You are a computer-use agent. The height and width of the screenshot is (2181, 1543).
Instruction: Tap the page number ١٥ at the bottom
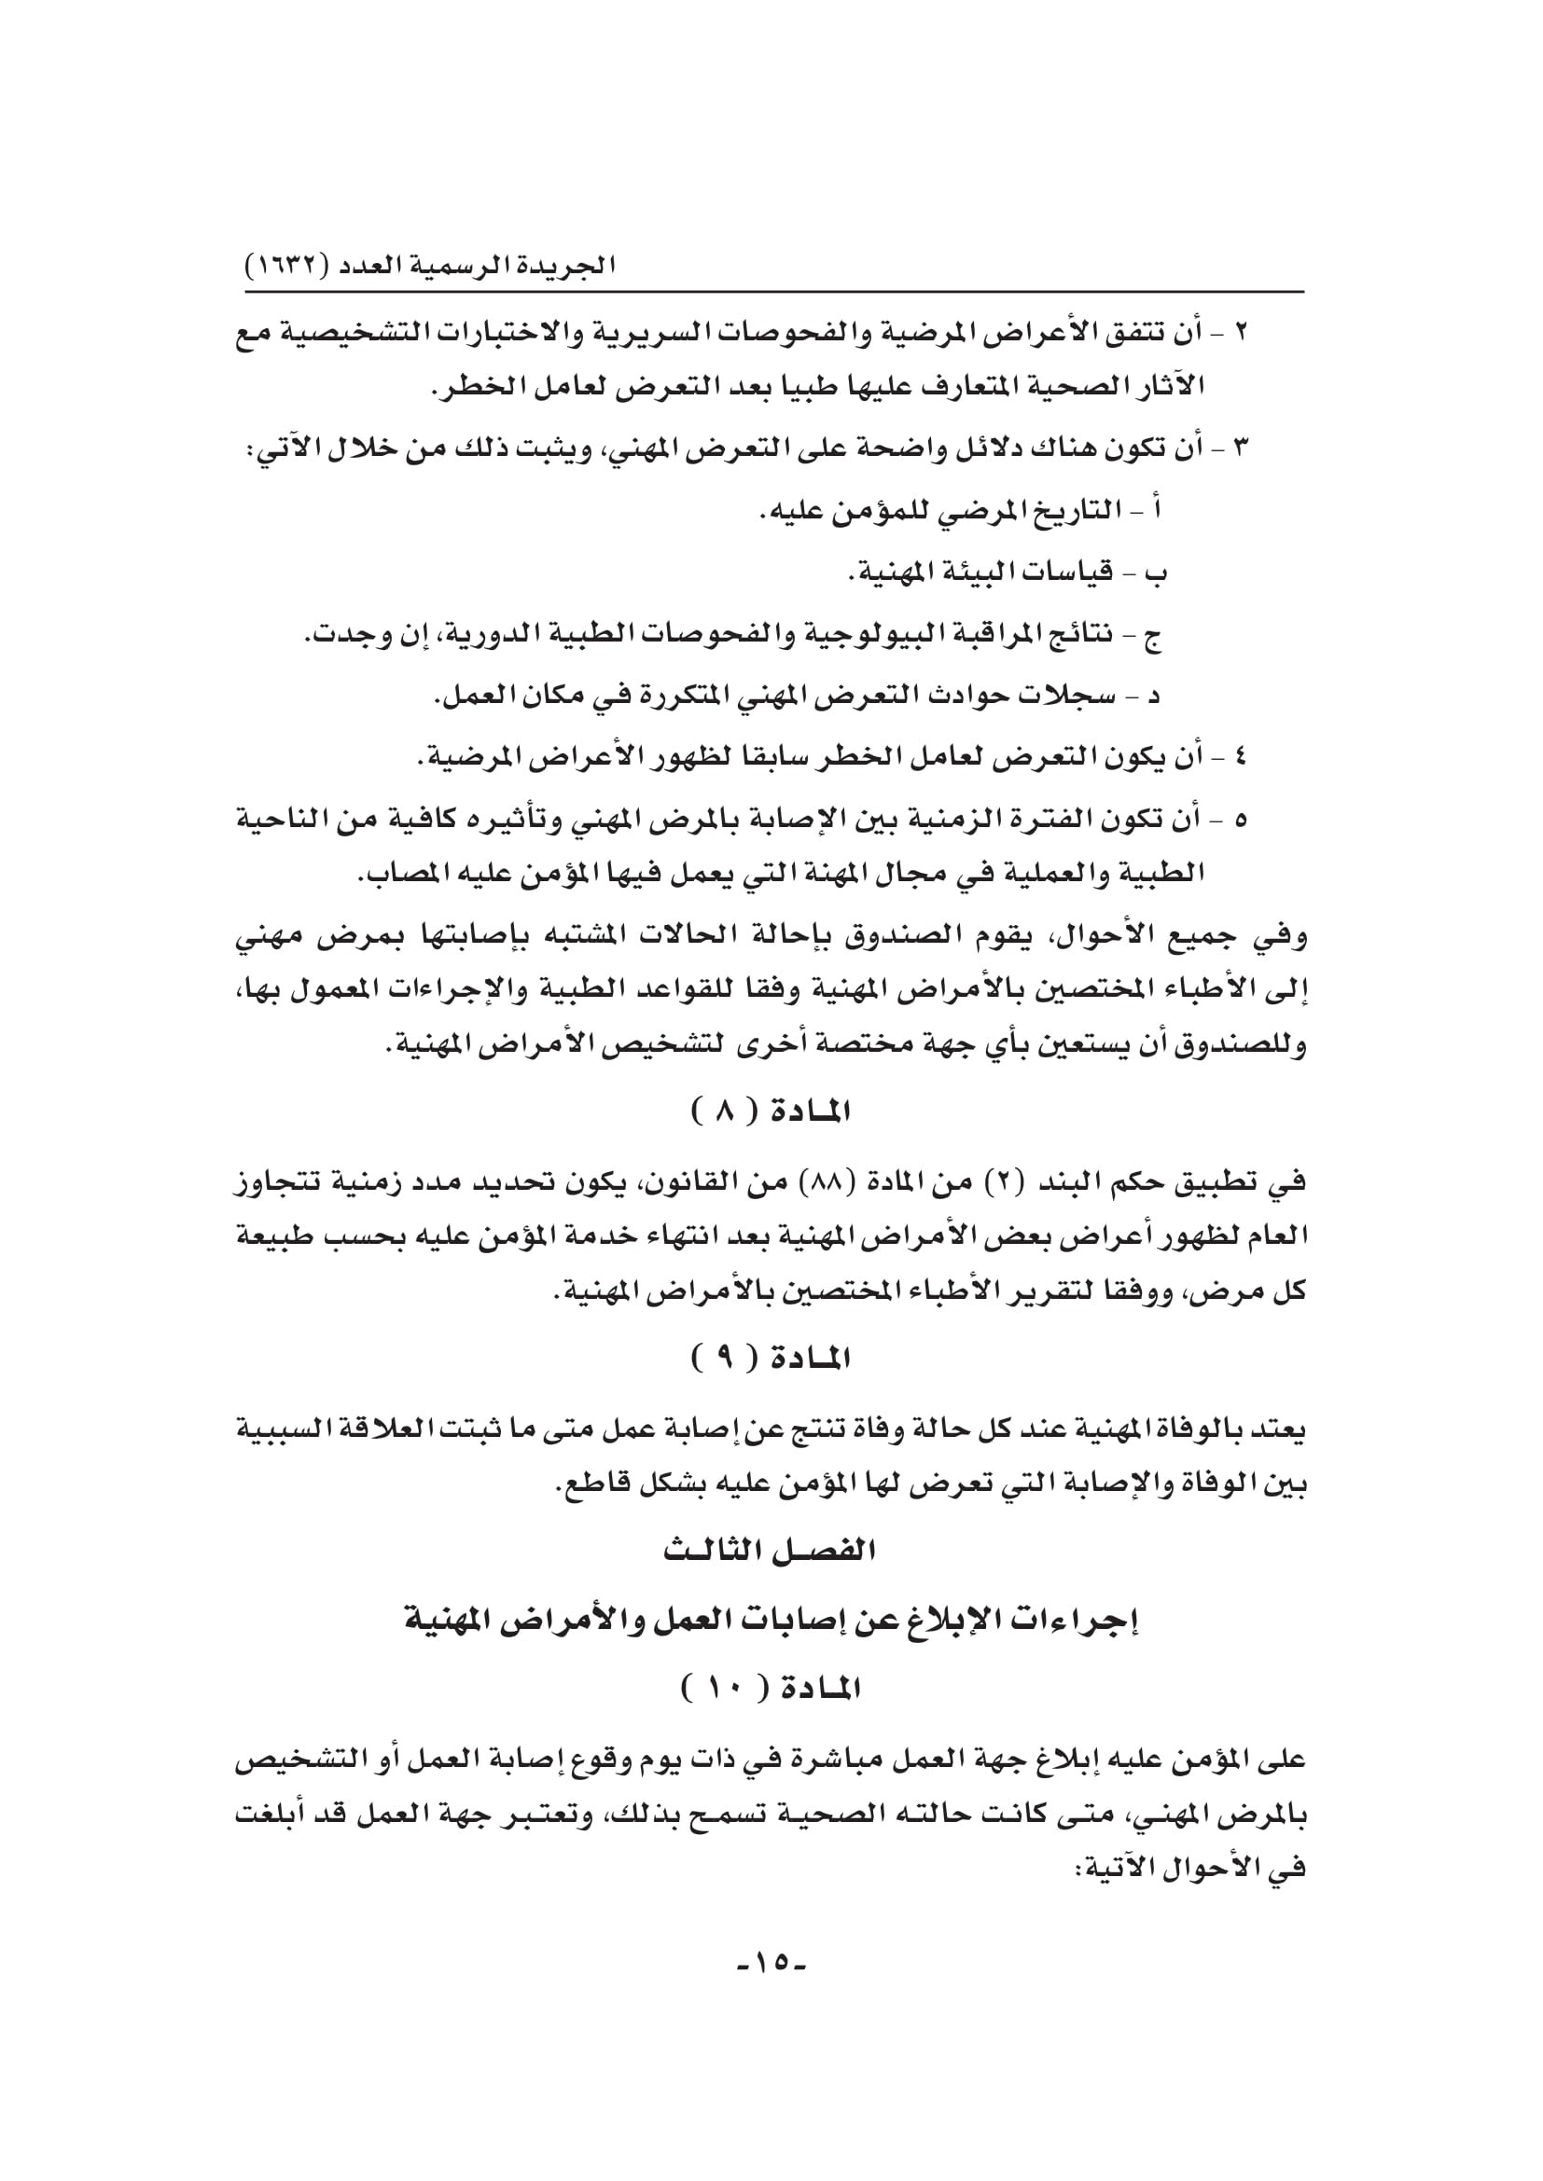(x=771, y=1962)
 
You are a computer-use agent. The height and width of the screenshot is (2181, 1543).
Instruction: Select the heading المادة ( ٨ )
(x=771, y=1111)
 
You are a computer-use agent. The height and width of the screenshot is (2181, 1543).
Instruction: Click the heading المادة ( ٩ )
(x=771, y=1360)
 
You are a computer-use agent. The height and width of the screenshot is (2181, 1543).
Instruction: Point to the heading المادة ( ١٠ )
(x=771, y=1687)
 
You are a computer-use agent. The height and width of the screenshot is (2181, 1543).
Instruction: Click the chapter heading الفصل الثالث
(x=771, y=1551)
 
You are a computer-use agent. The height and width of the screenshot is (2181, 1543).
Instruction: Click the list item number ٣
(x=1240, y=447)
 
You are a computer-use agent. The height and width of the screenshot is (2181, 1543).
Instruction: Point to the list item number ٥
(x=1240, y=819)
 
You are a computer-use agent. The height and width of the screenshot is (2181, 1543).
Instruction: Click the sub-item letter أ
(x=1156, y=511)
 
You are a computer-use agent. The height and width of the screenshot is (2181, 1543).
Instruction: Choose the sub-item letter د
(x=1155, y=697)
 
